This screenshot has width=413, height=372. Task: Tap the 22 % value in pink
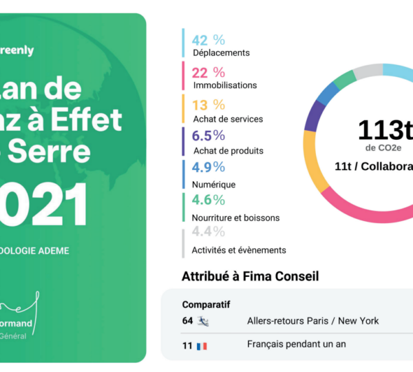[x=208, y=72]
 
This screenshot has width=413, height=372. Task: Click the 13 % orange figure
[x=208, y=105]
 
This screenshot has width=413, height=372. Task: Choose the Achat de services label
[x=227, y=119]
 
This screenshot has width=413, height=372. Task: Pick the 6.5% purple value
[x=209, y=136]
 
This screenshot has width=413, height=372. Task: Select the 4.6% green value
[x=209, y=200]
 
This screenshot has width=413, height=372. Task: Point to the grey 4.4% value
[x=209, y=232]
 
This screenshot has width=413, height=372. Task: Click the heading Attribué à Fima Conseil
[x=250, y=277]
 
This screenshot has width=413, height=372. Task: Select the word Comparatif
[x=206, y=304]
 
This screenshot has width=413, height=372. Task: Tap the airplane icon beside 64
[x=203, y=321]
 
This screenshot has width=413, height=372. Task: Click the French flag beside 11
[x=202, y=346]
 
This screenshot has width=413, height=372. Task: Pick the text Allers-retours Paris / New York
[x=313, y=321]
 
